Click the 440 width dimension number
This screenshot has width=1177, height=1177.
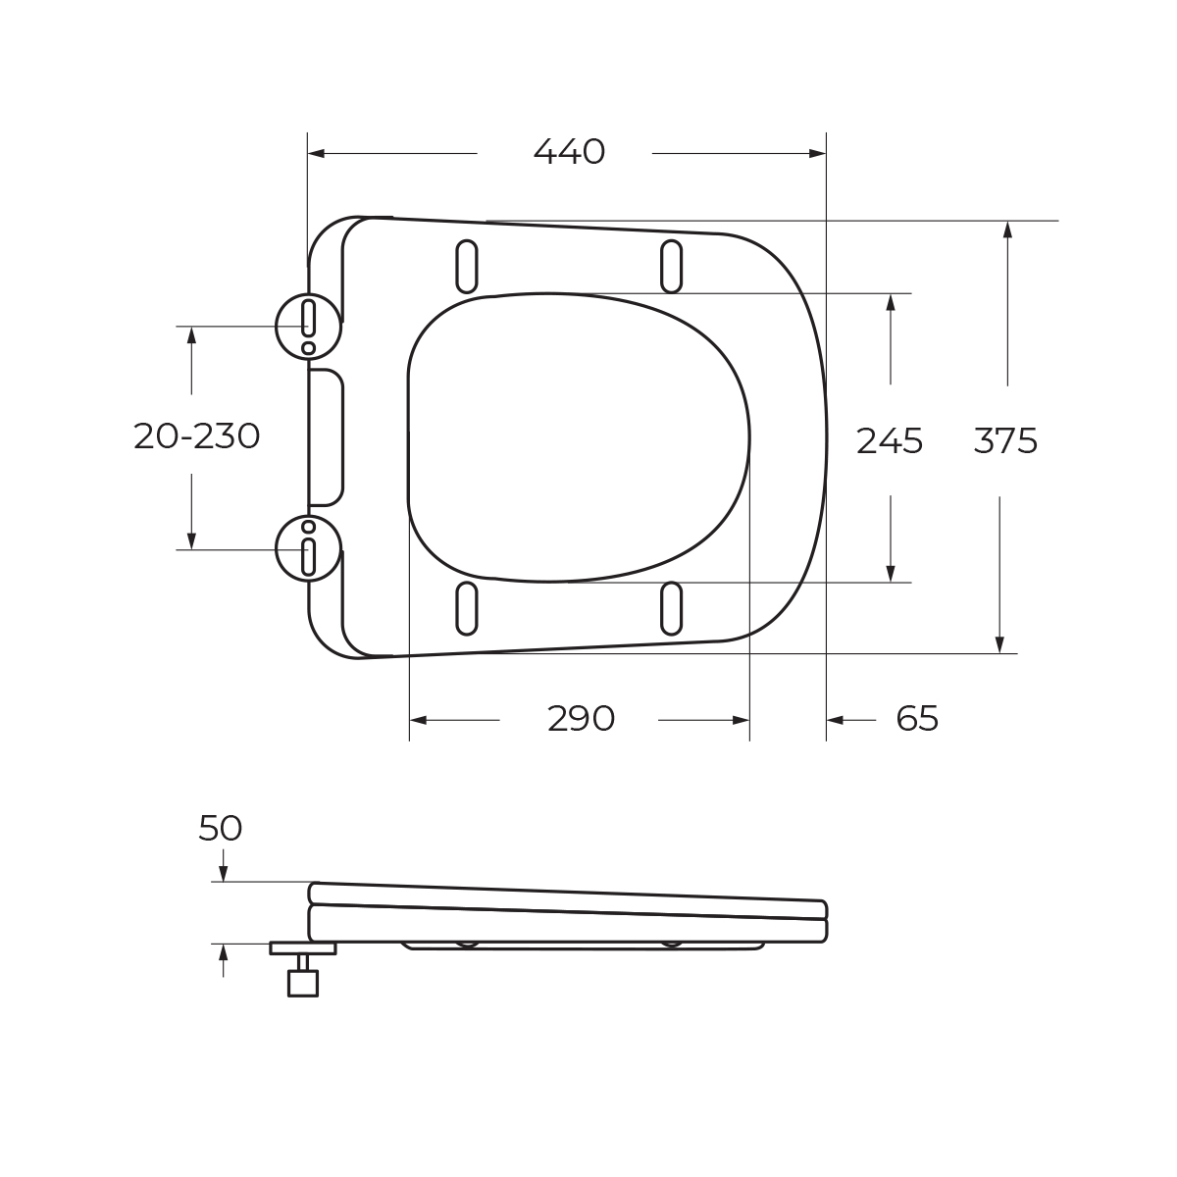(x=569, y=152)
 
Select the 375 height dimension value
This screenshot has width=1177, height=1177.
(x=1005, y=441)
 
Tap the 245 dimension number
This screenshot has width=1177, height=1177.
(x=890, y=441)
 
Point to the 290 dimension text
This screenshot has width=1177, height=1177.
(x=581, y=719)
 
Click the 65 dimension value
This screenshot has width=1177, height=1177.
(x=917, y=719)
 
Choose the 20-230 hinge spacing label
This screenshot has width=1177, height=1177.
(x=197, y=436)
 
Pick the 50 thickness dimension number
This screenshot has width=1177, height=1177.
(x=221, y=829)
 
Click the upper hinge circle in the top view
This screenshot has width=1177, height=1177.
(x=308, y=327)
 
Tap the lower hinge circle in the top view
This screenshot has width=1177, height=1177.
(x=308, y=549)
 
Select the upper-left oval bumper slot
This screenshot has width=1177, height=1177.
(x=467, y=267)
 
